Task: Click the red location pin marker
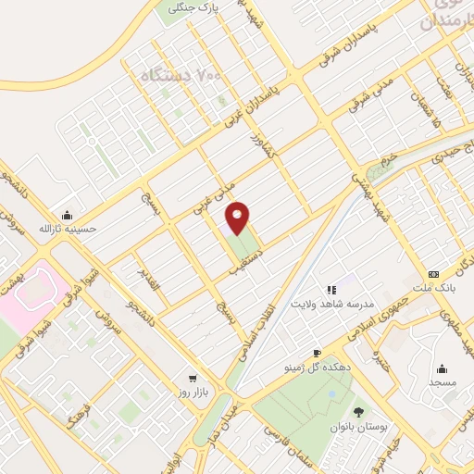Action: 238,217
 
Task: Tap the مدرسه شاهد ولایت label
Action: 332,305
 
